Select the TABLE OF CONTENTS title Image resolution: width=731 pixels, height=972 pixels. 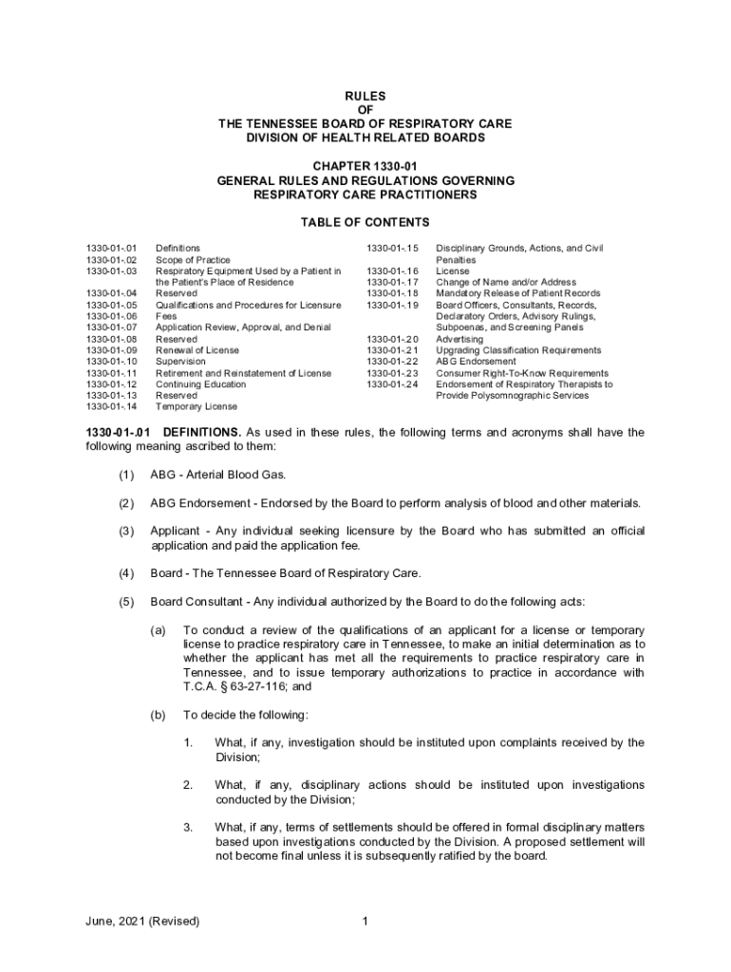pyautogui.click(x=365, y=223)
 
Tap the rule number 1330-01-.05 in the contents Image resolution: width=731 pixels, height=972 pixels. pyautogui.click(x=112, y=305)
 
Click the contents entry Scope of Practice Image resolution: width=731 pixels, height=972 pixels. pyautogui.click(x=193, y=259)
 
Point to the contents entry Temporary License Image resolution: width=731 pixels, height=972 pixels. pyautogui.click(x=196, y=407)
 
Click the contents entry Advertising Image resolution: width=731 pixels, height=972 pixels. pyautogui.click(x=459, y=339)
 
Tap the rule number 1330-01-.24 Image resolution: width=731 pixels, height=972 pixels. pyautogui.click(x=393, y=384)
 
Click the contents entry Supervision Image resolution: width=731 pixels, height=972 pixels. pyautogui.click(x=180, y=362)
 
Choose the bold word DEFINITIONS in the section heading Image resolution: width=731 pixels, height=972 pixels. pyautogui.click(x=202, y=433)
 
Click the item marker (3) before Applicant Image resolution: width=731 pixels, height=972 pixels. pyautogui.click(x=126, y=532)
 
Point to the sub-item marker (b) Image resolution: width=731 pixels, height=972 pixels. pyautogui.click(x=159, y=715)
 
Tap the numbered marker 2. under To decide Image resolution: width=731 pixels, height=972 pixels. pyautogui.click(x=189, y=785)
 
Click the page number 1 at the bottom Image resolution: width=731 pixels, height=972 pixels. pyautogui.click(x=365, y=921)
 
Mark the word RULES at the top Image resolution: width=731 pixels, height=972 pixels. pyautogui.click(x=365, y=97)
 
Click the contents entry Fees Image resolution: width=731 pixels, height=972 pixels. pyautogui.click(x=166, y=316)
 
